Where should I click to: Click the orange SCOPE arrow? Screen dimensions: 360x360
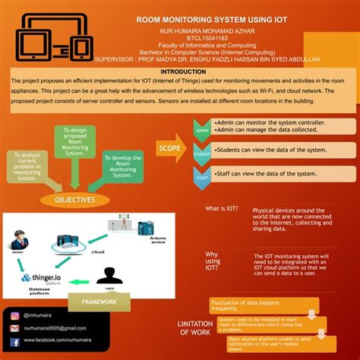pyautogui.click(x=170, y=147)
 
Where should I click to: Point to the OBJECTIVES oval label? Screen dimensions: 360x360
pyautogui.click(x=74, y=201)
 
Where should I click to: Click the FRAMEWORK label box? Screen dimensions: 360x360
pyautogui.click(x=99, y=302)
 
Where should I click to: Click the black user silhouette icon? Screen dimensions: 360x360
pyautogui.click(x=109, y=275)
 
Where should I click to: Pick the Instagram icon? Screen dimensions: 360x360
pyautogui.click(x=14, y=314)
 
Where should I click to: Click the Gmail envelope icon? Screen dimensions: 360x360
pyautogui.click(x=14, y=327)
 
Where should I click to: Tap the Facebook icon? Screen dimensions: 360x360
pyautogui.click(x=14, y=340)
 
